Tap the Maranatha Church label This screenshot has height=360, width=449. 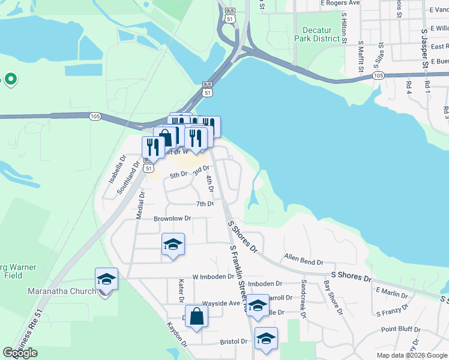[x=62, y=292]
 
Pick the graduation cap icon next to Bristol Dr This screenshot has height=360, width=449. [x=266, y=338]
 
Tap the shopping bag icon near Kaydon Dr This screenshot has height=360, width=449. [x=197, y=316]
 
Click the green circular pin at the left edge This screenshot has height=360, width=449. [x=10, y=79]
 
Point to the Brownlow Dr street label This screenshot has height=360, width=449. [x=172, y=219]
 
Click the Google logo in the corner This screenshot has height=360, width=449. [x=20, y=353]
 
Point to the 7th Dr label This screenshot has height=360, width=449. [x=205, y=204]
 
